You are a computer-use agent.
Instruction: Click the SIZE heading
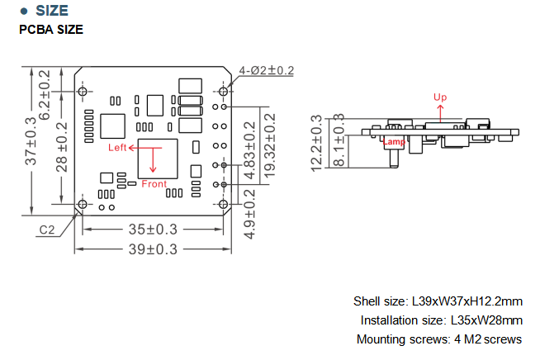point(57,11)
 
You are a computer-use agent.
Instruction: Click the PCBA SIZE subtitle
point(50,30)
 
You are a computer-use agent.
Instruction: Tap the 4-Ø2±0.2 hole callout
point(266,70)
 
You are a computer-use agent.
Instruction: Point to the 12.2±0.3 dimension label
point(316,143)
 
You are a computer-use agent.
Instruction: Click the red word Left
point(118,148)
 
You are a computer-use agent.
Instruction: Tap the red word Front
point(154,183)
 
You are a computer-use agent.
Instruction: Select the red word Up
point(440,97)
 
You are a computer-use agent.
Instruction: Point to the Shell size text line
point(438,301)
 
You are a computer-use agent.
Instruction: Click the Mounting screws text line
point(438,339)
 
